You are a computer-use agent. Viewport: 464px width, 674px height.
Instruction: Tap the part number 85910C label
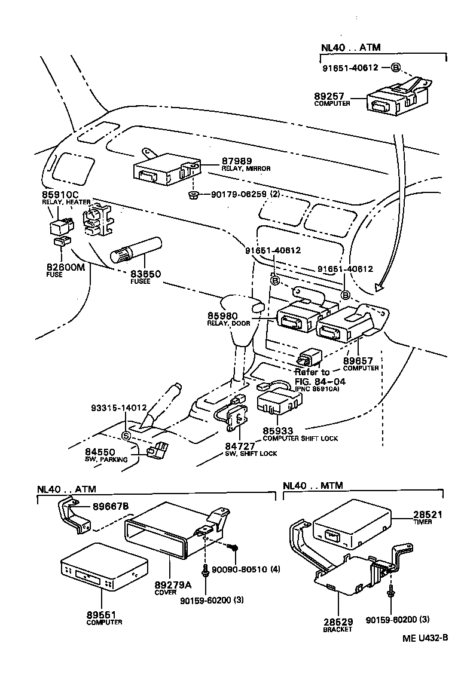(60, 195)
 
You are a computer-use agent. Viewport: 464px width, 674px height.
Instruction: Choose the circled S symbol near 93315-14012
(126, 435)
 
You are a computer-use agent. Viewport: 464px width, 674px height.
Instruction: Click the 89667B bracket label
(111, 507)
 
